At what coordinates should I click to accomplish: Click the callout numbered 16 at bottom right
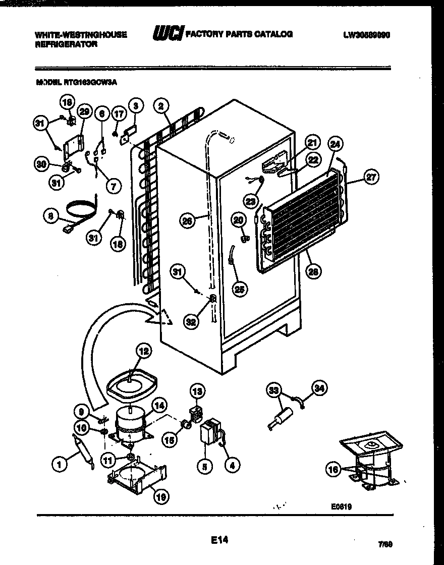point(332,470)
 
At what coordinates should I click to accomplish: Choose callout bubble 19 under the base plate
point(161,497)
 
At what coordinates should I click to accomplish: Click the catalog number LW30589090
point(366,35)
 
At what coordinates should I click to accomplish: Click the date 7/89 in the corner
point(384,544)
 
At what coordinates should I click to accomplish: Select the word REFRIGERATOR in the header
point(66,44)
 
